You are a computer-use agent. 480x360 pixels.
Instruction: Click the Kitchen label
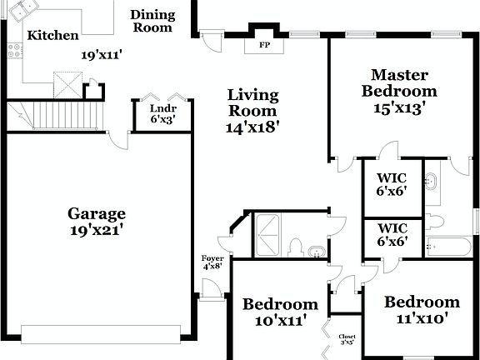click(x=52, y=36)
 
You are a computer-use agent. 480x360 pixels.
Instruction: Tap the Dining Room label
click(x=152, y=21)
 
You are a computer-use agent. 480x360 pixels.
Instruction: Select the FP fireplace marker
click(x=265, y=44)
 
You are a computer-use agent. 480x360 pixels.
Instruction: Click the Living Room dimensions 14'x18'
click(x=252, y=127)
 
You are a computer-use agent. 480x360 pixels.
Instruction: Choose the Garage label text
click(x=97, y=212)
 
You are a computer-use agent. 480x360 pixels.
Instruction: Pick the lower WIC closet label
click(x=392, y=227)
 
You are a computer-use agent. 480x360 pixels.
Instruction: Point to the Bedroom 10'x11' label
click(x=280, y=303)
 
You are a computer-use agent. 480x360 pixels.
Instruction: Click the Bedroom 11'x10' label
click(x=422, y=301)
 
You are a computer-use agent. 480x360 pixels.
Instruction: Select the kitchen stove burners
click(x=13, y=51)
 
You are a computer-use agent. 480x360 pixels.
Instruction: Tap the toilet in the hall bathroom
click(x=296, y=247)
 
